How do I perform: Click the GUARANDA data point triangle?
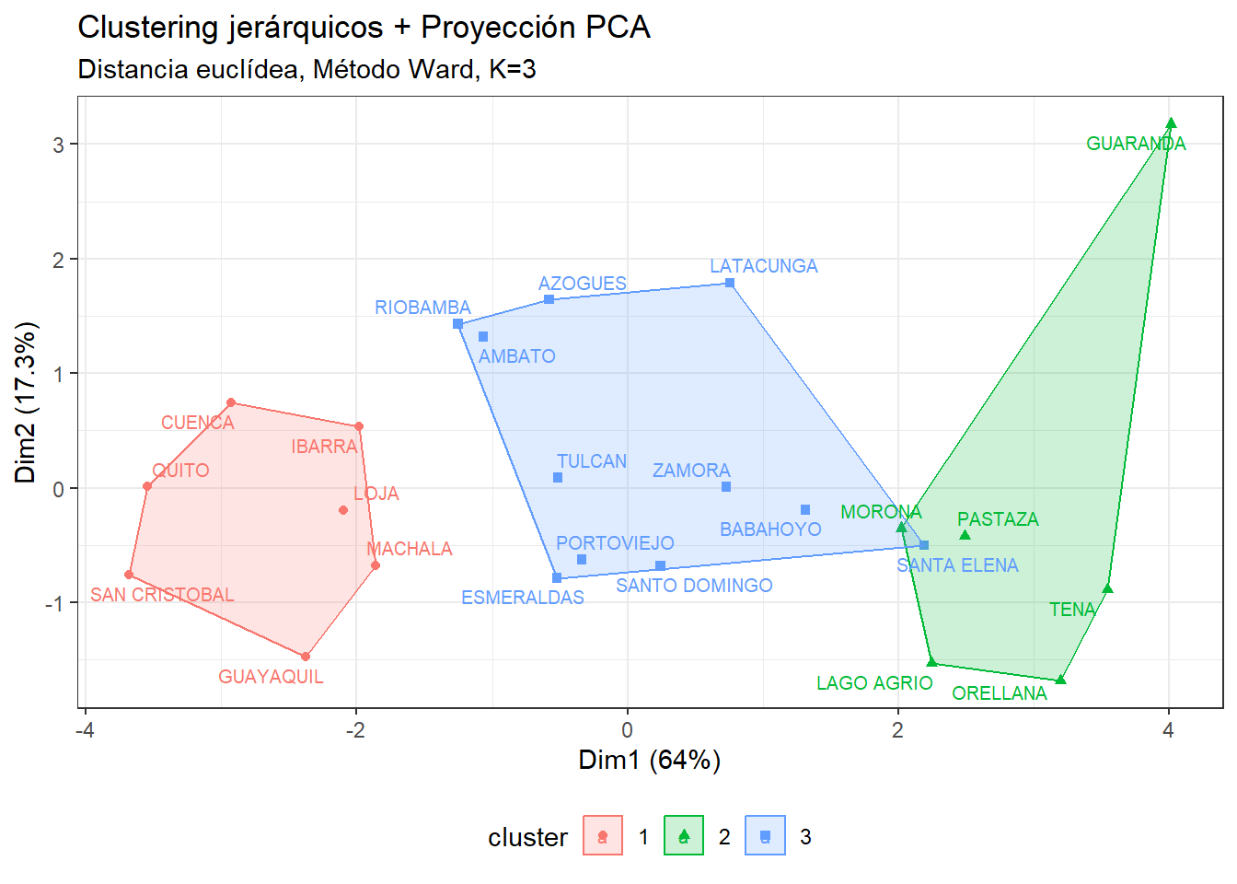[x=1171, y=123]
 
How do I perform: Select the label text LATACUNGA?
[x=763, y=266]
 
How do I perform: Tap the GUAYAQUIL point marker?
[x=306, y=657]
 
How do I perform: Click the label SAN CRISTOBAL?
[x=162, y=595]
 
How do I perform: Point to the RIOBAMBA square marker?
[x=457, y=324]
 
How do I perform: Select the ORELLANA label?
[x=999, y=693]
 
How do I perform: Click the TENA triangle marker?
[x=1107, y=588]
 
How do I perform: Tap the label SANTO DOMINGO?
[x=694, y=586]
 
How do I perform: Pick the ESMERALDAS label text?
[x=522, y=598]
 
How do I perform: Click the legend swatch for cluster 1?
[x=603, y=836]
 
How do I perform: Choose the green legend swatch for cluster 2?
[x=684, y=836]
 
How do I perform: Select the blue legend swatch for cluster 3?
[x=765, y=836]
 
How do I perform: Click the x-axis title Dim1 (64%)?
[x=649, y=760]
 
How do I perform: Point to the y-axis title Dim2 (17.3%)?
[x=25, y=402]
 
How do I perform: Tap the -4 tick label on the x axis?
[x=85, y=730]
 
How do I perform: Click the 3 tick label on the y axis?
[x=59, y=145]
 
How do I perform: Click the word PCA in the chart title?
[x=618, y=28]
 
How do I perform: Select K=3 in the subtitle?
[x=512, y=69]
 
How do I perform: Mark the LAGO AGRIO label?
[x=873, y=683]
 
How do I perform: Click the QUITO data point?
[x=147, y=486]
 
